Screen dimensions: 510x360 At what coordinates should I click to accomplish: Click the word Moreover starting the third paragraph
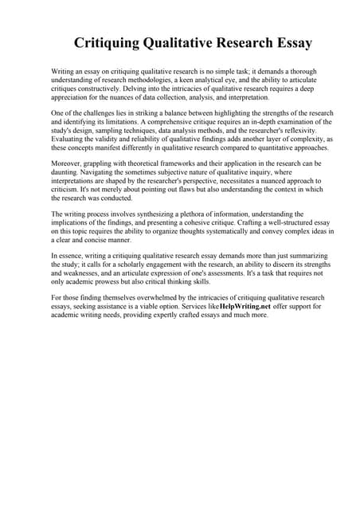[67, 163]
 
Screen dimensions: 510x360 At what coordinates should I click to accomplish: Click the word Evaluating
[70, 138]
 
